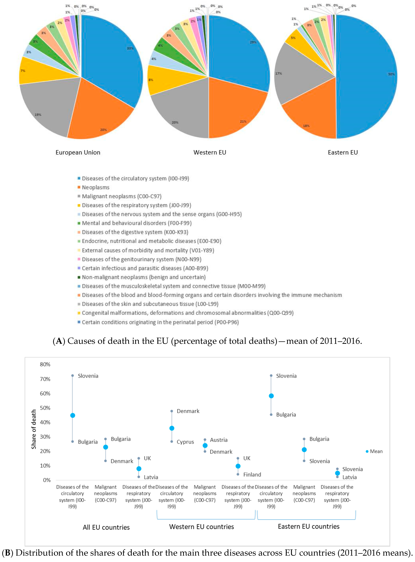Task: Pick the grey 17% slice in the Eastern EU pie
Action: click(294, 75)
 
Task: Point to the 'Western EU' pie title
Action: click(210, 152)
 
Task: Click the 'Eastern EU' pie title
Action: click(343, 152)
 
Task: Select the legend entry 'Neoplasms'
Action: click(95, 187)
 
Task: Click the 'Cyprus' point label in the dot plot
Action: click(185, 442)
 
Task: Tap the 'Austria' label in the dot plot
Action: click(219, 440)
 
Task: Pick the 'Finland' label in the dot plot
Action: click(252, 475)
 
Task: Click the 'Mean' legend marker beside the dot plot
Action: click(367, 451)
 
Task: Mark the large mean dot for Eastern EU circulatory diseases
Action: click(271, 396)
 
